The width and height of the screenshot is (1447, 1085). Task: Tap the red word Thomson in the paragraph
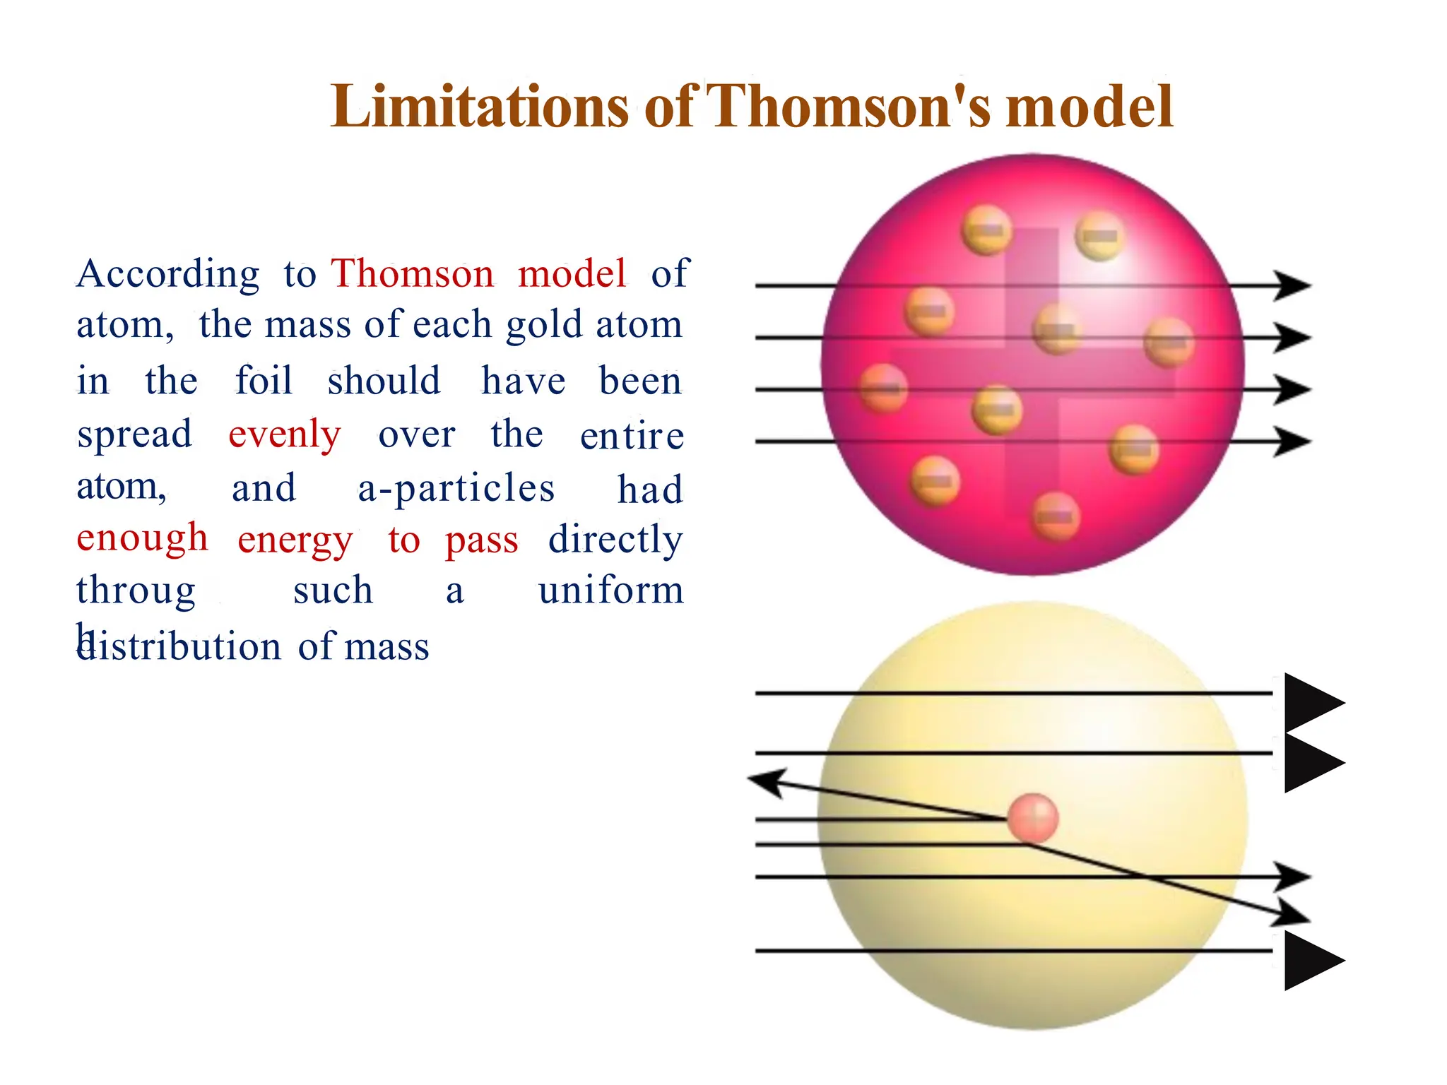click(x=413, y=274)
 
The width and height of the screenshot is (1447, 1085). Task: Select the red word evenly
click(x=285, y=435)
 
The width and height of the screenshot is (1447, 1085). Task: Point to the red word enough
click(x=142, y=538)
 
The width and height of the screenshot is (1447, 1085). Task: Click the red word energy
click(x=295, y=541)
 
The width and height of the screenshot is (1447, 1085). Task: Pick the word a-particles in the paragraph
click(x=456, y=489)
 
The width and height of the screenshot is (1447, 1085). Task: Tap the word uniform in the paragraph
click(x=611, y=591)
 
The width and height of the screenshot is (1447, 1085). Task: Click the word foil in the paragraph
click(x=264, y=381)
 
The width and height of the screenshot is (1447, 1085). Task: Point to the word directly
click(x=615, y=540)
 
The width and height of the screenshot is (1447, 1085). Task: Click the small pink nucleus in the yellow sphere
click(x=1033, y=818)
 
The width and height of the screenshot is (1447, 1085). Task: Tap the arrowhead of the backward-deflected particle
click(x=766, y=782)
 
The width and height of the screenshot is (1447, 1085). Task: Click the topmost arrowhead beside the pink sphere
click(x=1293, y=285)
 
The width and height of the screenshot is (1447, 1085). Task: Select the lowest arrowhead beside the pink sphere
click(x=1293, y=441)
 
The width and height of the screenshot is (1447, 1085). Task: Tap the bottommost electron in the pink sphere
click(x=1056, y=516)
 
